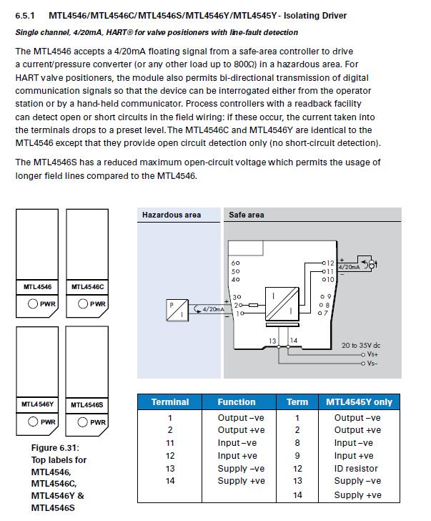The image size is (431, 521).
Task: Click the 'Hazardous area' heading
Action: pyautogui.click(x=171, y=215)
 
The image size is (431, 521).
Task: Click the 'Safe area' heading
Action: pyautogui.click(x=246, y=215)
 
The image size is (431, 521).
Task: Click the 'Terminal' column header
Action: pyautogui.click(x=170, y=402)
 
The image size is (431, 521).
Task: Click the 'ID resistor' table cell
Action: pyautogui.click(x=358, y=469)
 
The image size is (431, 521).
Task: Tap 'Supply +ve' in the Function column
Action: pyautogui.click(x=241, y=482)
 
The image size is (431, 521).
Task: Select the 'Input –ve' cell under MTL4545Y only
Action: pyautogui.click(x=354, y=443)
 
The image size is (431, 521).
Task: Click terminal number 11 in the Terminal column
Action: pyautogui.click(x=170, y=443)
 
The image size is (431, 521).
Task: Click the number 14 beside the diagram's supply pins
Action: pyautogui.click(x=294, y=340)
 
